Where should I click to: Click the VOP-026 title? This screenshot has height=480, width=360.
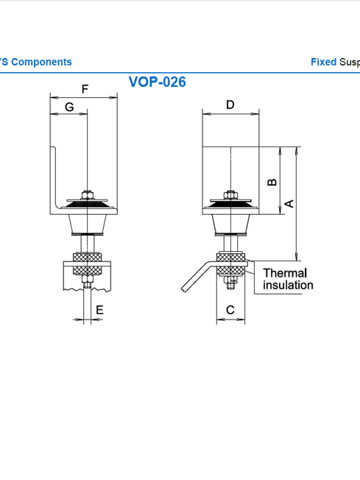(x=157, y=82)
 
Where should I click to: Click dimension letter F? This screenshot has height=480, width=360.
(x=85, y=89)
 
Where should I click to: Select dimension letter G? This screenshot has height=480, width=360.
(x=69, y=107)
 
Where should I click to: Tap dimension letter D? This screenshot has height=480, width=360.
(x=230, y=105)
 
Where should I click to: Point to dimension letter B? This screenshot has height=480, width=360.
(x=272, y=182)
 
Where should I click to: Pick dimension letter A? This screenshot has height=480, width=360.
(x=289, y=204)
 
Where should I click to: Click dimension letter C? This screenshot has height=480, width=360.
(x=230, y=310)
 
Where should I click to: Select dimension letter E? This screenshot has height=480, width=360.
(x=99, y=310)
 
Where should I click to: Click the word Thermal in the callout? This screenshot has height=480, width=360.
(x=285, y=272)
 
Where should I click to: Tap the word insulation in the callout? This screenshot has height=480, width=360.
(x=288, y=285)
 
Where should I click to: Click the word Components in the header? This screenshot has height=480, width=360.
(x=42, y=62)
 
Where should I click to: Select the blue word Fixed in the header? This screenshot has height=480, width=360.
(x=324, y=62)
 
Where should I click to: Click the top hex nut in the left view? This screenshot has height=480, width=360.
(x=88, y=194)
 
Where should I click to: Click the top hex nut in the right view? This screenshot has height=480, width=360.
(x=230, y=194)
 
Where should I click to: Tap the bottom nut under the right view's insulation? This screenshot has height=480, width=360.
(x=230, y=282)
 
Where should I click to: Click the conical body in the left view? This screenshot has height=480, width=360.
(x=88, y=224)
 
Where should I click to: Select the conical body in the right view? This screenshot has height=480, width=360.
(x=230, y=224)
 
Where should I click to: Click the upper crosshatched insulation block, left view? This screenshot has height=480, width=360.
(x=88, y=257)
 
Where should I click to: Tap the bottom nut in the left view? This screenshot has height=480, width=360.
(x=88, y=279)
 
